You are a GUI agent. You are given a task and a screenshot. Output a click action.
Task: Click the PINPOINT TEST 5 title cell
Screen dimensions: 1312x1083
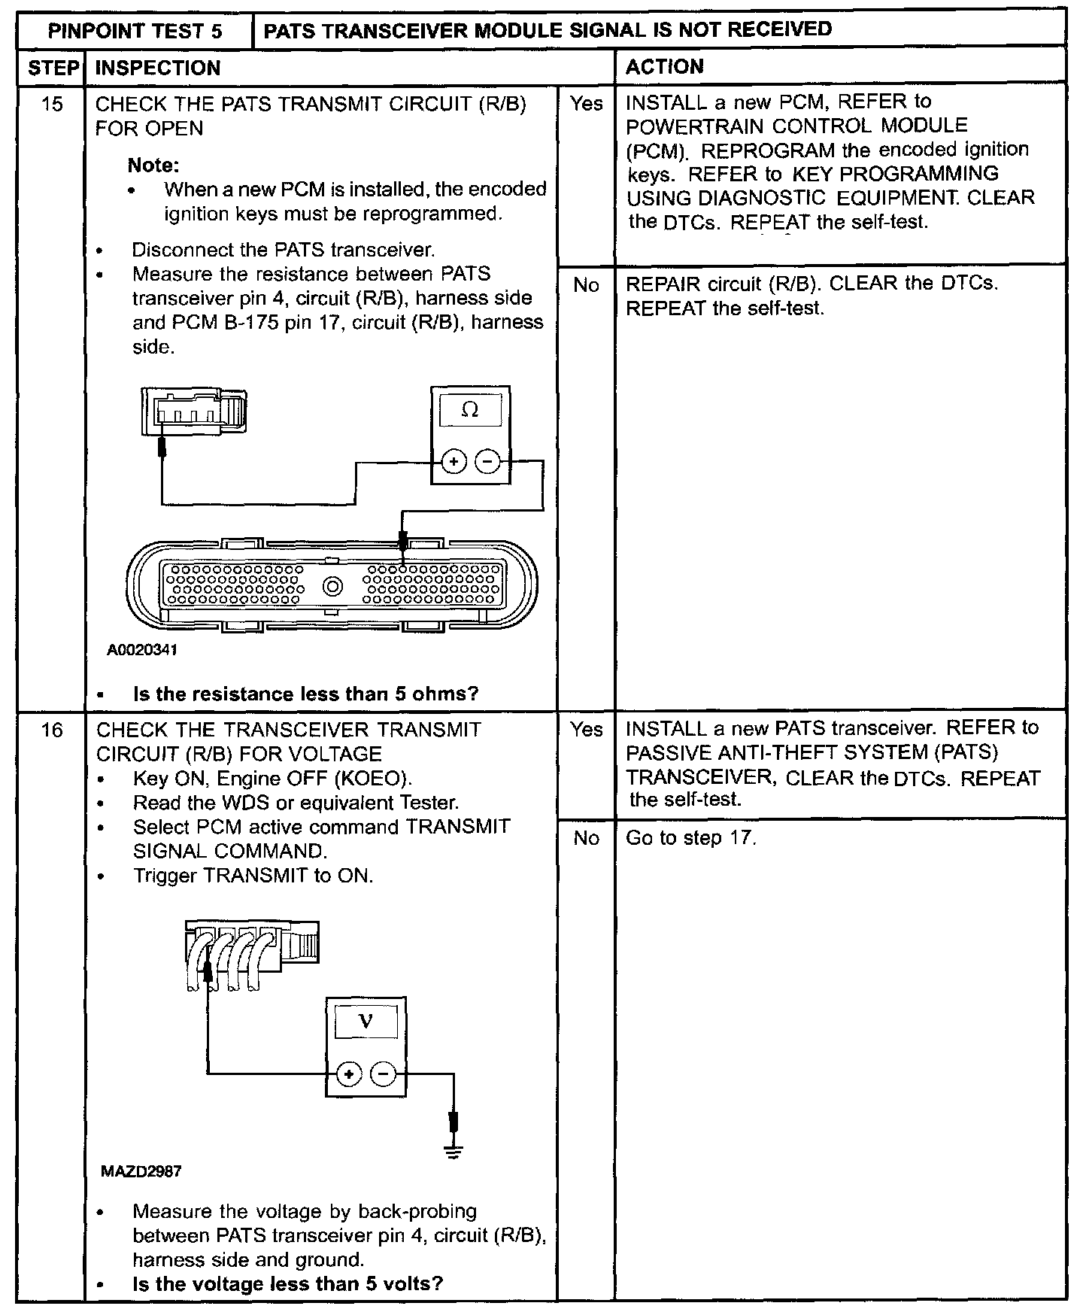[135, 31]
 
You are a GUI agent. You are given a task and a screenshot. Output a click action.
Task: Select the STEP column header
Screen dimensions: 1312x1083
[51, 68]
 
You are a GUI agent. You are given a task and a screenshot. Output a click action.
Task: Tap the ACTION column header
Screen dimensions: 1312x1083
[665, 67]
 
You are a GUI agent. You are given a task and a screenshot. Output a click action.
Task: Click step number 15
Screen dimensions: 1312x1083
[51, 104]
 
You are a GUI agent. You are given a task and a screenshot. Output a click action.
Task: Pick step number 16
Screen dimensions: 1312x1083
[51, 730]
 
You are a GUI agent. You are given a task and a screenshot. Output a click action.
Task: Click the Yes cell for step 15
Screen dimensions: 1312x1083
[586, 104]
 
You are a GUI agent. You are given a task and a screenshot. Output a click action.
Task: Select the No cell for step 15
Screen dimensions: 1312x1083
[586, 285]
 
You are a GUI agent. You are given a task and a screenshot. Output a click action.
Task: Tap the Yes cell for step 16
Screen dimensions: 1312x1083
[586, 730]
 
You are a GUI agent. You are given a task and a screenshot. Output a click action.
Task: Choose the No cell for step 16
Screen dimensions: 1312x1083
[586, 838]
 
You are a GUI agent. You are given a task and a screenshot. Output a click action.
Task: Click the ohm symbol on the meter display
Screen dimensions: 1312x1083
[470, 411]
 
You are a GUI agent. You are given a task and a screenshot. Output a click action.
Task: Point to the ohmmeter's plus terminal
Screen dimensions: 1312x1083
[453, 461]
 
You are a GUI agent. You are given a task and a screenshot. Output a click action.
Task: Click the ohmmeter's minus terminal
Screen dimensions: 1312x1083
[488, 461]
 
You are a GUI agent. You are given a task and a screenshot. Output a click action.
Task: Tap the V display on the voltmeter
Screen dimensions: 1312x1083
[366, 1022]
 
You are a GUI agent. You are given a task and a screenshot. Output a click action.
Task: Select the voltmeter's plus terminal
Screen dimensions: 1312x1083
[348, 1074]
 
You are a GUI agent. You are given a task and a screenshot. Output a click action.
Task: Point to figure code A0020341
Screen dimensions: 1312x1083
[142, 650]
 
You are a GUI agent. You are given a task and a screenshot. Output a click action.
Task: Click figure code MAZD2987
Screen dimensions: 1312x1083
[141, 1171]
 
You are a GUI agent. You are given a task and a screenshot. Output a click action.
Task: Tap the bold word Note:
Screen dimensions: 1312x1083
[153, 166]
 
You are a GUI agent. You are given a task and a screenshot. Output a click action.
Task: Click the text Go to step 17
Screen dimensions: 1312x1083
[690, 838]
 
